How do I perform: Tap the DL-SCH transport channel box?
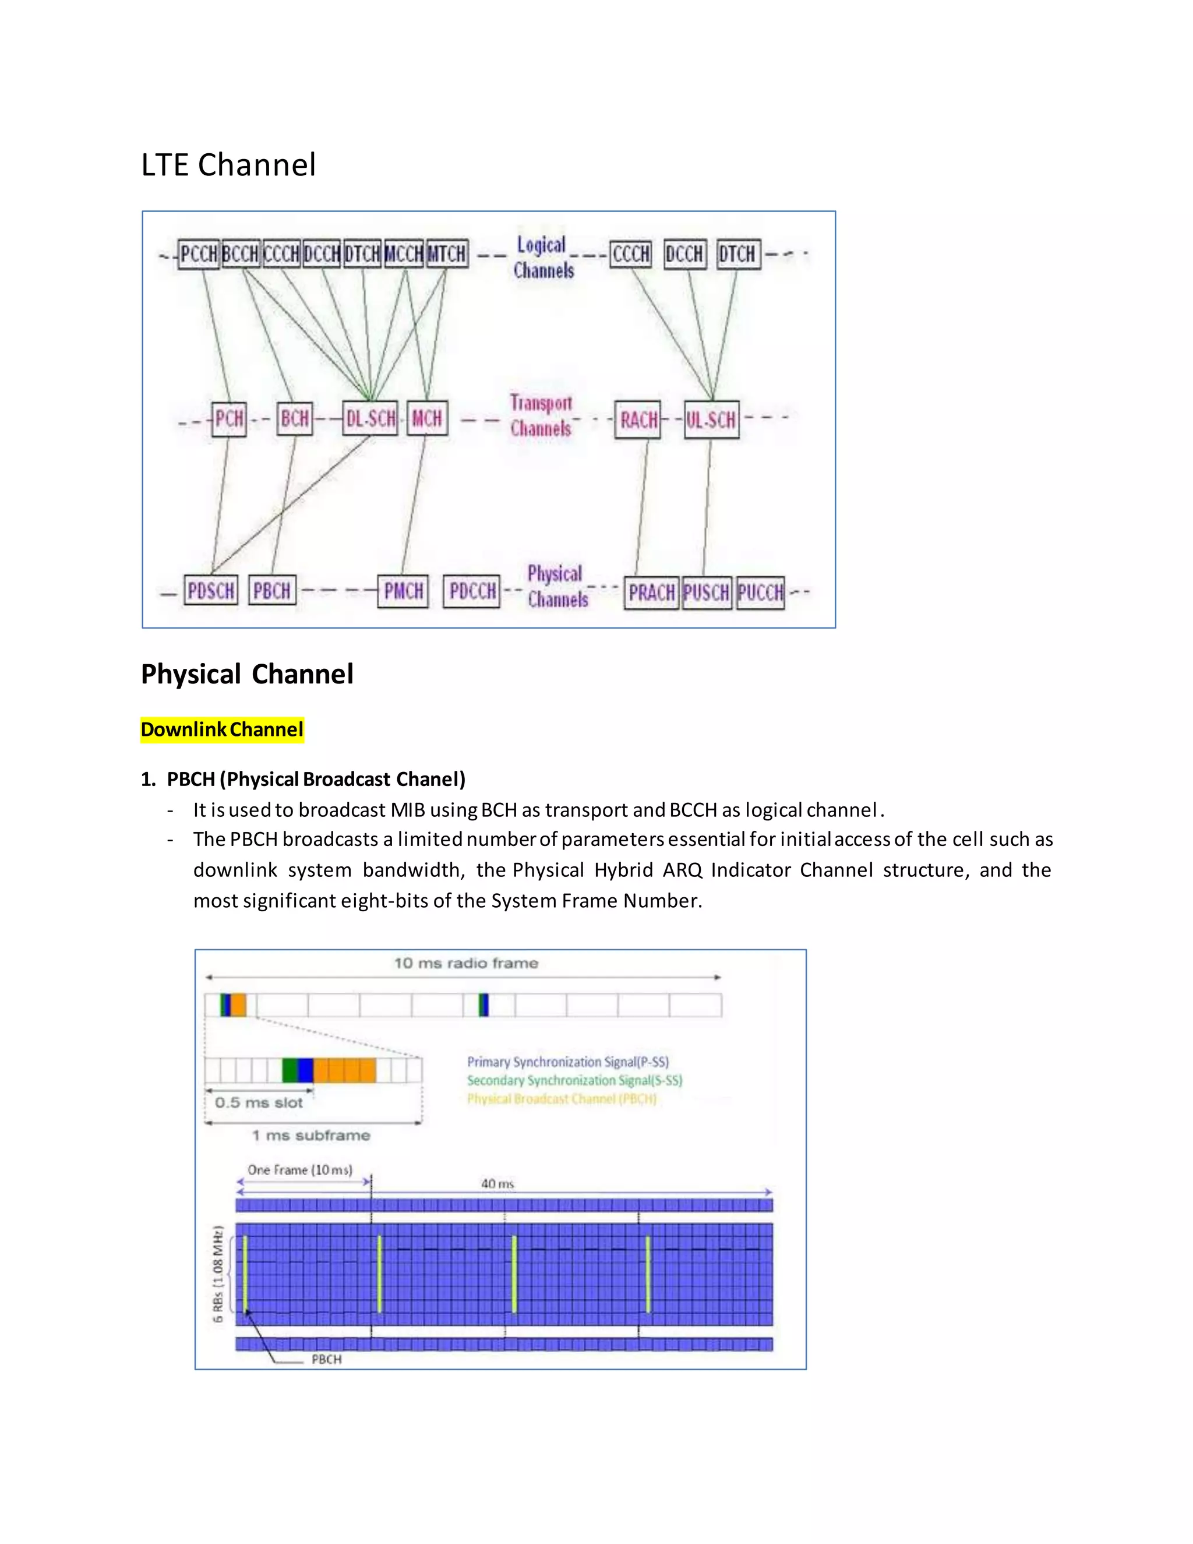(370, 418)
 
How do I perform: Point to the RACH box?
(638, 420)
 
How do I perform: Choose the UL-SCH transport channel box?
(712, 420)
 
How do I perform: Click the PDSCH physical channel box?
(211, 590)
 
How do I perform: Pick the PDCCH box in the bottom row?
(472, 591)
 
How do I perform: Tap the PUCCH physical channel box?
(760, 593)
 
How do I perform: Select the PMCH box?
(404, 591)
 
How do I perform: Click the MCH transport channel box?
(427, 418)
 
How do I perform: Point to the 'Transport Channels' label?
(541, 415)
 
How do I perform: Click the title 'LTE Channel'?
(228, 165)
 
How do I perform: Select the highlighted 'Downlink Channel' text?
(222, 729)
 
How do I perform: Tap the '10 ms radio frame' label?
(466, 963)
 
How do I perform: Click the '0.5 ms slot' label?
(259, 1102)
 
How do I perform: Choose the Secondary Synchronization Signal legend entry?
(574, 1080)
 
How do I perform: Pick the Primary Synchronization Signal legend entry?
(567, 1062)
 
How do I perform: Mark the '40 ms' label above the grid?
(497, 1183)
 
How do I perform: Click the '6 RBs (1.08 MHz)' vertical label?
(218, 1273)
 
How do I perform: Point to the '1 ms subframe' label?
(311, 1136)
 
